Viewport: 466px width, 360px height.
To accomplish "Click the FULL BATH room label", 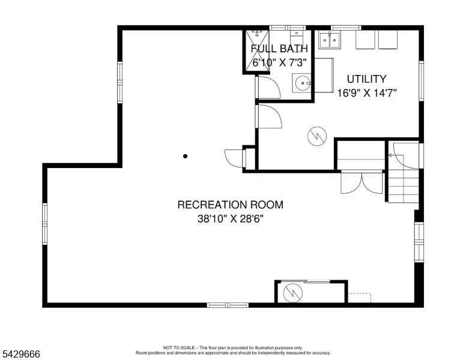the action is pyautogui.click(x=279, y=49).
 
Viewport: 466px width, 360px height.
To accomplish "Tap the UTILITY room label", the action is pyautogui.click(x=366, y=79).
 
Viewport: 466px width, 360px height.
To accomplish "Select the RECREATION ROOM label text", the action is pyautogui.click(x=231, y=205).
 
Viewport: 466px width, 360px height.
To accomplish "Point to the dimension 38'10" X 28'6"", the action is pyautogui.click(x=231, y=219).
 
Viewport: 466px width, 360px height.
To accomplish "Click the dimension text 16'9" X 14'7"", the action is pyautogui.click(x=367, y=93).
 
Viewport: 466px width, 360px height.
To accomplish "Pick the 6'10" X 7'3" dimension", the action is pyautogui.click(x=279, y=62).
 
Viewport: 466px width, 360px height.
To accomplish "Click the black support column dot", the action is pyautogui.click(x=185, y=156).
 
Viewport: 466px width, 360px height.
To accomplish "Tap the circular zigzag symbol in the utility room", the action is pyautogui.click(x=317, y=136).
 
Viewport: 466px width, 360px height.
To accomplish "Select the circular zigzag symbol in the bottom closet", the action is pyautogui.click(x=292, y=293).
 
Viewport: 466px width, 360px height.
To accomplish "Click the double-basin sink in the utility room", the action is pyautogui.click(x=329, y=40).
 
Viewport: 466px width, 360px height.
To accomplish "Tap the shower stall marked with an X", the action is pyautogui.click(x=257, y=51).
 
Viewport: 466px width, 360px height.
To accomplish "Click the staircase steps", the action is pyautogui.click(x=404, y=187).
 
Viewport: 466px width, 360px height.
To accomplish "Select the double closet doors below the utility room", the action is pyautogui.click(x=362, y=182).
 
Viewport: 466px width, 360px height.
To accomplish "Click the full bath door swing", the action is pyautogui.click(x=268, y=88).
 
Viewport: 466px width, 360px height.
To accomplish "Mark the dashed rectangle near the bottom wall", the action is pyautogui.click(x=359, y=298).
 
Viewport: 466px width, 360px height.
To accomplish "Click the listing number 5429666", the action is pyautogui.click(x=21, y=354).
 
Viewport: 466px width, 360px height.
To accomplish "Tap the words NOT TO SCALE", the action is pyautogui.click(x=179, y=347).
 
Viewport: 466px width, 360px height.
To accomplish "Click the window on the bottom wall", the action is pyautogui.click(x=228, y=305).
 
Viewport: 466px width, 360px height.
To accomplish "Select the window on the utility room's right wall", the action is pyautogui.click(x=421, y=81).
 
